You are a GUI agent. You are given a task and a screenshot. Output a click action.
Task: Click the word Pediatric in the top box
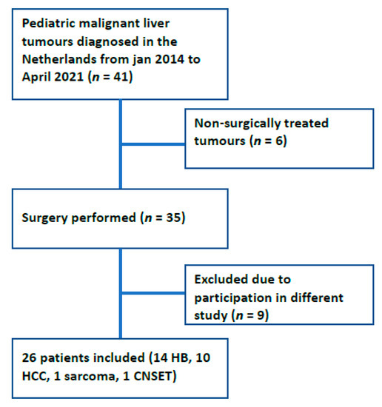pos(49,24)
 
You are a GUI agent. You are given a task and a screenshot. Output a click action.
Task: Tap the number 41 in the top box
pos(121,77)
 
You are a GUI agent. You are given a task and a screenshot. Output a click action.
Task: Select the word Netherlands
pos(59,59)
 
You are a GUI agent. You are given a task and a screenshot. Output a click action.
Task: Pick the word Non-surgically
pos(238,124)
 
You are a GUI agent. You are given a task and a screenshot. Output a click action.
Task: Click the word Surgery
pos(45,218)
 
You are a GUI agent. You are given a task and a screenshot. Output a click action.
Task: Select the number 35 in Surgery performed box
pos(173,218)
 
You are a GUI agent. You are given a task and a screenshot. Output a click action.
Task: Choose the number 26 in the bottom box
pos(29,357)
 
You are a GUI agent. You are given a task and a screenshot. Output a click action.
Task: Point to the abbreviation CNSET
pos(153,376)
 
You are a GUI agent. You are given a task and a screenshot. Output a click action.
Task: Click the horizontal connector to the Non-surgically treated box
pos(153,144)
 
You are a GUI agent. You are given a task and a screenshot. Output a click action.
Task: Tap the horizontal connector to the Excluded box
pos(153,293)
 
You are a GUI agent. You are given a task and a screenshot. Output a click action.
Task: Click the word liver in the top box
pos(156,24)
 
